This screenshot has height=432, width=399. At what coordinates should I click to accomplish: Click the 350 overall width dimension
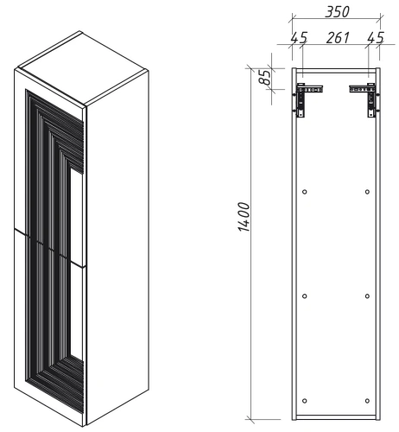click(x=335, y=12)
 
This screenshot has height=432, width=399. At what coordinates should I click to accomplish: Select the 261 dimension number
click(x=337, y=38)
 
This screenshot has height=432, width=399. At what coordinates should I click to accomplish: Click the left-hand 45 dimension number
click(x=299, y=38)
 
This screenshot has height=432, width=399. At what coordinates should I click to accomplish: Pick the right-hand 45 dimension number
click(x=375, y=38)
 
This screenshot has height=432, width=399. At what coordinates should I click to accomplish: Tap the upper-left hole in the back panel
click(x=306, y=190)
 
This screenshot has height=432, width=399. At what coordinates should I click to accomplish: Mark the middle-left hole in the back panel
click(x=306, y=296)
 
